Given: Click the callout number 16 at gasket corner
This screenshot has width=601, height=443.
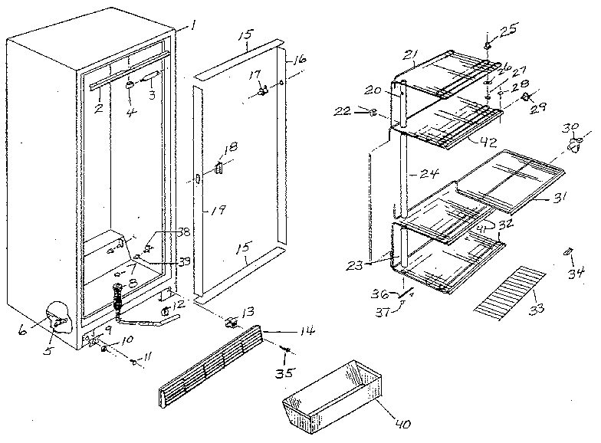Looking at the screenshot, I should [299, 58].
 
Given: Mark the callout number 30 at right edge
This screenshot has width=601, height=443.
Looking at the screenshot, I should [570, 126].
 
